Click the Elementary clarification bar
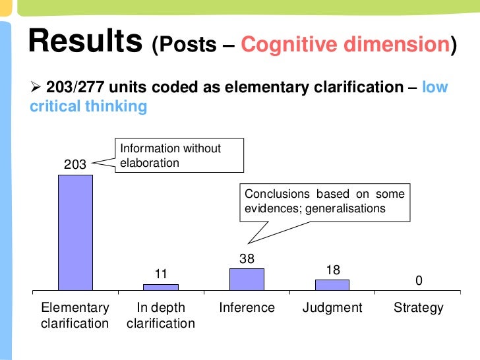pyautogui.click(x=75, y=232)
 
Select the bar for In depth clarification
pyautogui.click(x=161, y=287)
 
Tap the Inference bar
pyautogui.click(x=247, y=279)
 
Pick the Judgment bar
pyautogui.click(x=332, y=285)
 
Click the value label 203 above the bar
pyautogui.click(x=75, y=165)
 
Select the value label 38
pyautogui.click(x=247, y=259)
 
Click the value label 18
pyautogui.click(x=333, y=270)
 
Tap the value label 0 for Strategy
pyautogui.click(x=419, y=282)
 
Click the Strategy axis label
pyautogui.click(x=419, y=308)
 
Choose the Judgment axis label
pyautogui.click(x=332, y=308)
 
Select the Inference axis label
pyautogui.click(x=247, y=308)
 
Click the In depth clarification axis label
pyautogui.click(x=161, y=315)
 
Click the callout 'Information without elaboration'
pyautogui.click(x=179, y=156)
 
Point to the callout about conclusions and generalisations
pyautogui.click(x=324, y=201)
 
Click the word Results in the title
pyautogui.click(x=85, y=42)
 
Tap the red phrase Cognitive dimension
pyautogui.click(x=344, y=45)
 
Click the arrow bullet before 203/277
pyautogui.click(x=37, y=88)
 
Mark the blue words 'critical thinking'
pyautogui.click(x=89, y=106)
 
